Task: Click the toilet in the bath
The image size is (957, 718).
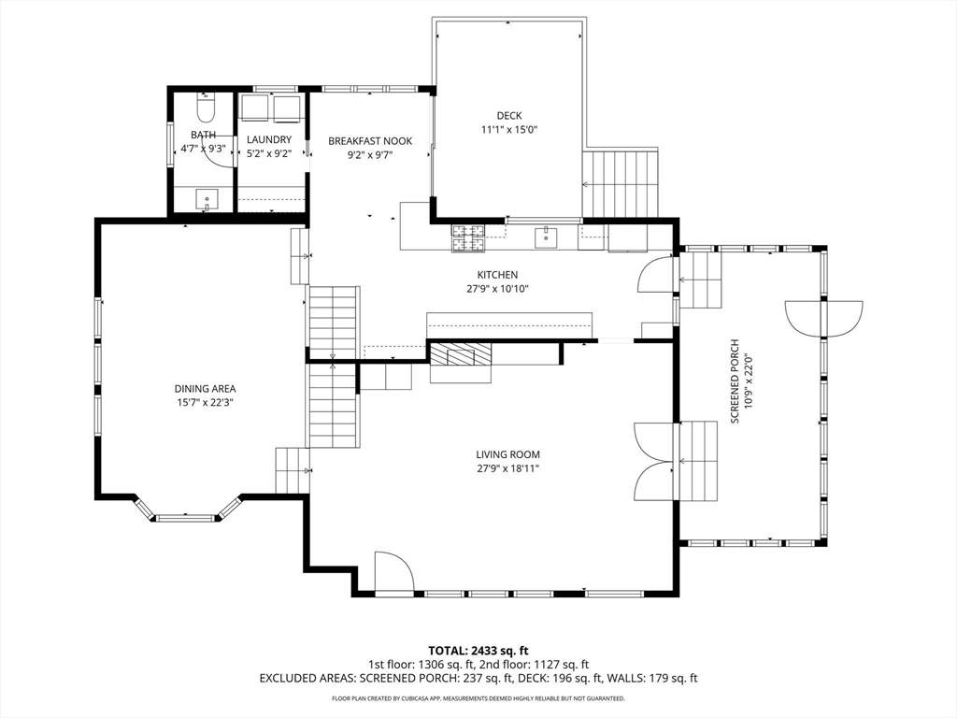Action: pos(205,108)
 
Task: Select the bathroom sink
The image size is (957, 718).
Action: pos(207,199)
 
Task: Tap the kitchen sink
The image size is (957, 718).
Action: pos(546,237)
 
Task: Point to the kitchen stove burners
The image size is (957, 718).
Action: pos(467,238)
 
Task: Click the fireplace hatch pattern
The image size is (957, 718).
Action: pos(460,354)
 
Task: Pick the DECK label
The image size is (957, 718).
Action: pos(509,115)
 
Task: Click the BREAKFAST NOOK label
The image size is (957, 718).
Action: pos(370,141)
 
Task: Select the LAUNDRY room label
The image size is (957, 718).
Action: pos(269,140)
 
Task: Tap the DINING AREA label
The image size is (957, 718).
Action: pos(205,388)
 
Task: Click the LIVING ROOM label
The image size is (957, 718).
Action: pos(507,454)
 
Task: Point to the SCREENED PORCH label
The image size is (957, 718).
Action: pos(735,381)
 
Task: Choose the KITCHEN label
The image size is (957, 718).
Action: pos(497,276)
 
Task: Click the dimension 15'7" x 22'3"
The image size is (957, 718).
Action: pos(206,402)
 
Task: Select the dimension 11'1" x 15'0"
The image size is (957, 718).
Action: pos(509,129)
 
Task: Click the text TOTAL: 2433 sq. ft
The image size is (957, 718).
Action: pos(478,651)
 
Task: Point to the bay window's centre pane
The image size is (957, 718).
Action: pos(186,518)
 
